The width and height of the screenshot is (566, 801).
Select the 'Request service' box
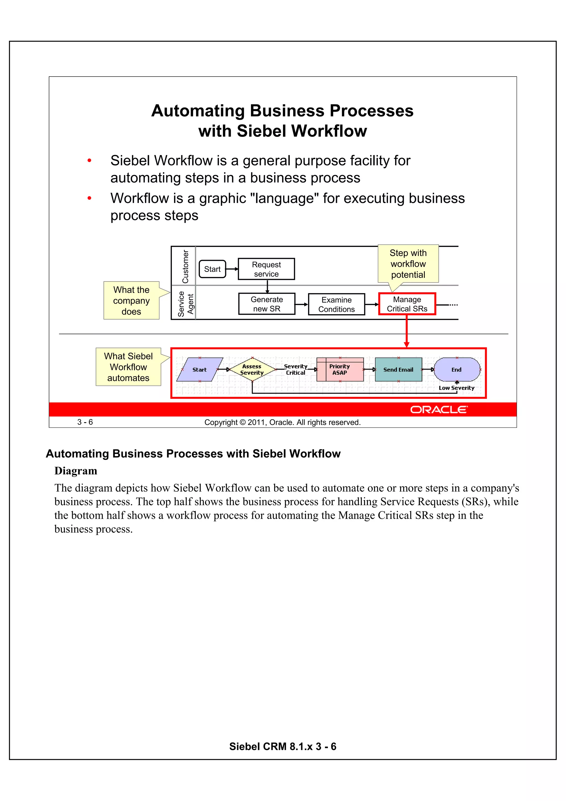tap(266, 269)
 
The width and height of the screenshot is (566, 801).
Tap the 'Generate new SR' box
tap(266, 304)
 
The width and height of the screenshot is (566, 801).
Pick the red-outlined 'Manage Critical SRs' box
tap(407, 304)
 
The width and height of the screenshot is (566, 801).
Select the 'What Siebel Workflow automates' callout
tap(128, 367)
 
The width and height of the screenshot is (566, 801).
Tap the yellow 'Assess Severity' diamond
tap(252, 369)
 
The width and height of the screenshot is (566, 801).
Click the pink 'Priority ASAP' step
tap(340, 369)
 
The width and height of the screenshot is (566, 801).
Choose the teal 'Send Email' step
tap(398, 369)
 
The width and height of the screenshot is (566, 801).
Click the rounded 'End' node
tap(457, 369)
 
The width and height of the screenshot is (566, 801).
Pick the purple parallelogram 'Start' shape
tap(200, 369)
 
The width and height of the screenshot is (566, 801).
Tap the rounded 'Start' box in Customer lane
tap(212, 269)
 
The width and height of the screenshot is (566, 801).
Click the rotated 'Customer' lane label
tap(185, 267)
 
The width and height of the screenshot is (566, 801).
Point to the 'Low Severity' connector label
tap(457, 388)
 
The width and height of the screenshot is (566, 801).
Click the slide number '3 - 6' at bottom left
tap(85, 422)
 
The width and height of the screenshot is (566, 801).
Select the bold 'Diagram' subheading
tap(76, 471)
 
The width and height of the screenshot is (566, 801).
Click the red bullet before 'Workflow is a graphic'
tap(89, 198)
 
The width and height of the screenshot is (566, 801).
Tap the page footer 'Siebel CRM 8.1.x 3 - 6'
tap(282, 746)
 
